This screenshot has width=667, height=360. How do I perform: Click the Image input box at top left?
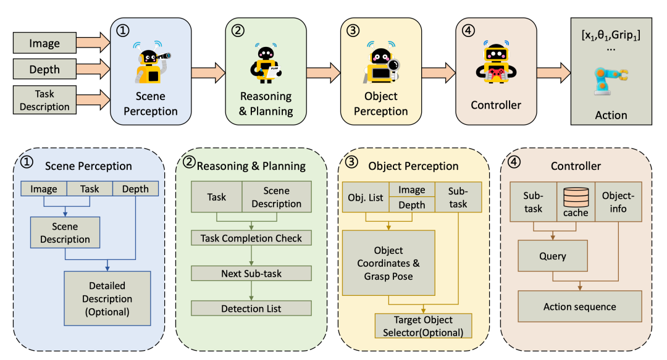(x=44, y=43)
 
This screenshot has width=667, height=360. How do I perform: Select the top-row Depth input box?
(x=44, y=69)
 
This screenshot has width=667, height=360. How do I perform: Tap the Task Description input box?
(x=44, y=100)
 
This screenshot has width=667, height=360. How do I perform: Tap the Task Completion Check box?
(x=251, y=238)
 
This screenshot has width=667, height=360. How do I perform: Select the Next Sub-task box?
(x=251, y=273)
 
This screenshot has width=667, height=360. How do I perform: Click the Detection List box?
(x=251, y=308)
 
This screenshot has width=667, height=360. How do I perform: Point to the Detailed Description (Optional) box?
(x=107, y=299)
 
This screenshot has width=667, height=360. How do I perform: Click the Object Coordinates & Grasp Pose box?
(x=388, y=263)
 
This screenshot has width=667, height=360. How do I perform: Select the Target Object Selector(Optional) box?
(x=423, y=326)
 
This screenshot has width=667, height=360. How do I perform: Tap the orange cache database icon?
(x=576, y=196)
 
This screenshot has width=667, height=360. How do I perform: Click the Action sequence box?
(x=579, y=306)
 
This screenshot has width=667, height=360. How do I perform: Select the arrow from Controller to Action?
(x=552, y=72)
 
